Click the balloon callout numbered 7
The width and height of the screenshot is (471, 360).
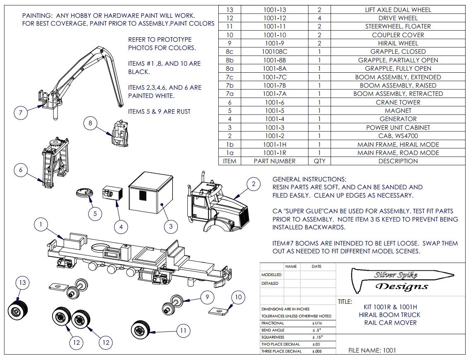tap(21, 113)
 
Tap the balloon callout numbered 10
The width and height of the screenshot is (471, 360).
tap(238, 297)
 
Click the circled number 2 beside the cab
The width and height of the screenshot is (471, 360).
tap(253, 184)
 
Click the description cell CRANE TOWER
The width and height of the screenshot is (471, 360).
tap(398, 102)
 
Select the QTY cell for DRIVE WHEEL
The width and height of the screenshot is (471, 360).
tap(319, 18)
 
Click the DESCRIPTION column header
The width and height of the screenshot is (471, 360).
tap(398, 161)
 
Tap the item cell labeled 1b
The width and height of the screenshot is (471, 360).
tap(230, 145)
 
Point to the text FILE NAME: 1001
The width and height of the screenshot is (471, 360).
tap(372, 350)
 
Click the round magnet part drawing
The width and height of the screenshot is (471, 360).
tap(86, 193)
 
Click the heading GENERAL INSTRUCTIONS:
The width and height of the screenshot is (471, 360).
tap(309, 179)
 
